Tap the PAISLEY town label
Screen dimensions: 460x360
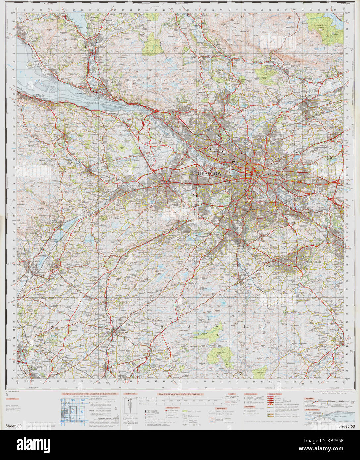click(176, 205)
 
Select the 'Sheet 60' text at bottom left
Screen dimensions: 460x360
click(13, 426)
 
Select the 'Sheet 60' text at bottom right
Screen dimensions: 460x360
click(346, 426)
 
